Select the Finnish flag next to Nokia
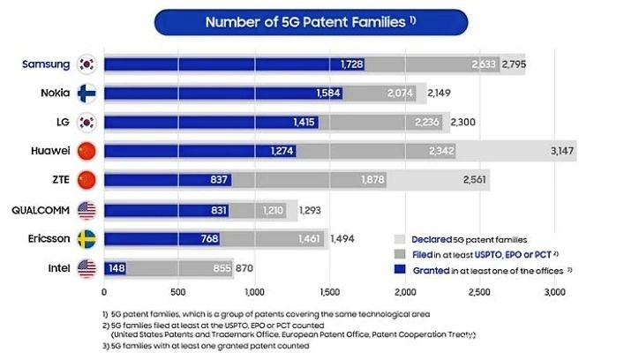coord(86,93)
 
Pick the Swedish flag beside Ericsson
coord(86,238)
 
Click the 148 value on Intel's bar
coord(116,267)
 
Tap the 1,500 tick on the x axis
coord(329,291)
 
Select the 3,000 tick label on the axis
coord(553,291)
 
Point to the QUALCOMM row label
coord(41,210)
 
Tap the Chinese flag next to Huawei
coord(86,151)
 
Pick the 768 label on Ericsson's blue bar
coord(206,238)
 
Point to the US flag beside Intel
coord(86,267)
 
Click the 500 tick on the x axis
coord(179,291)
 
